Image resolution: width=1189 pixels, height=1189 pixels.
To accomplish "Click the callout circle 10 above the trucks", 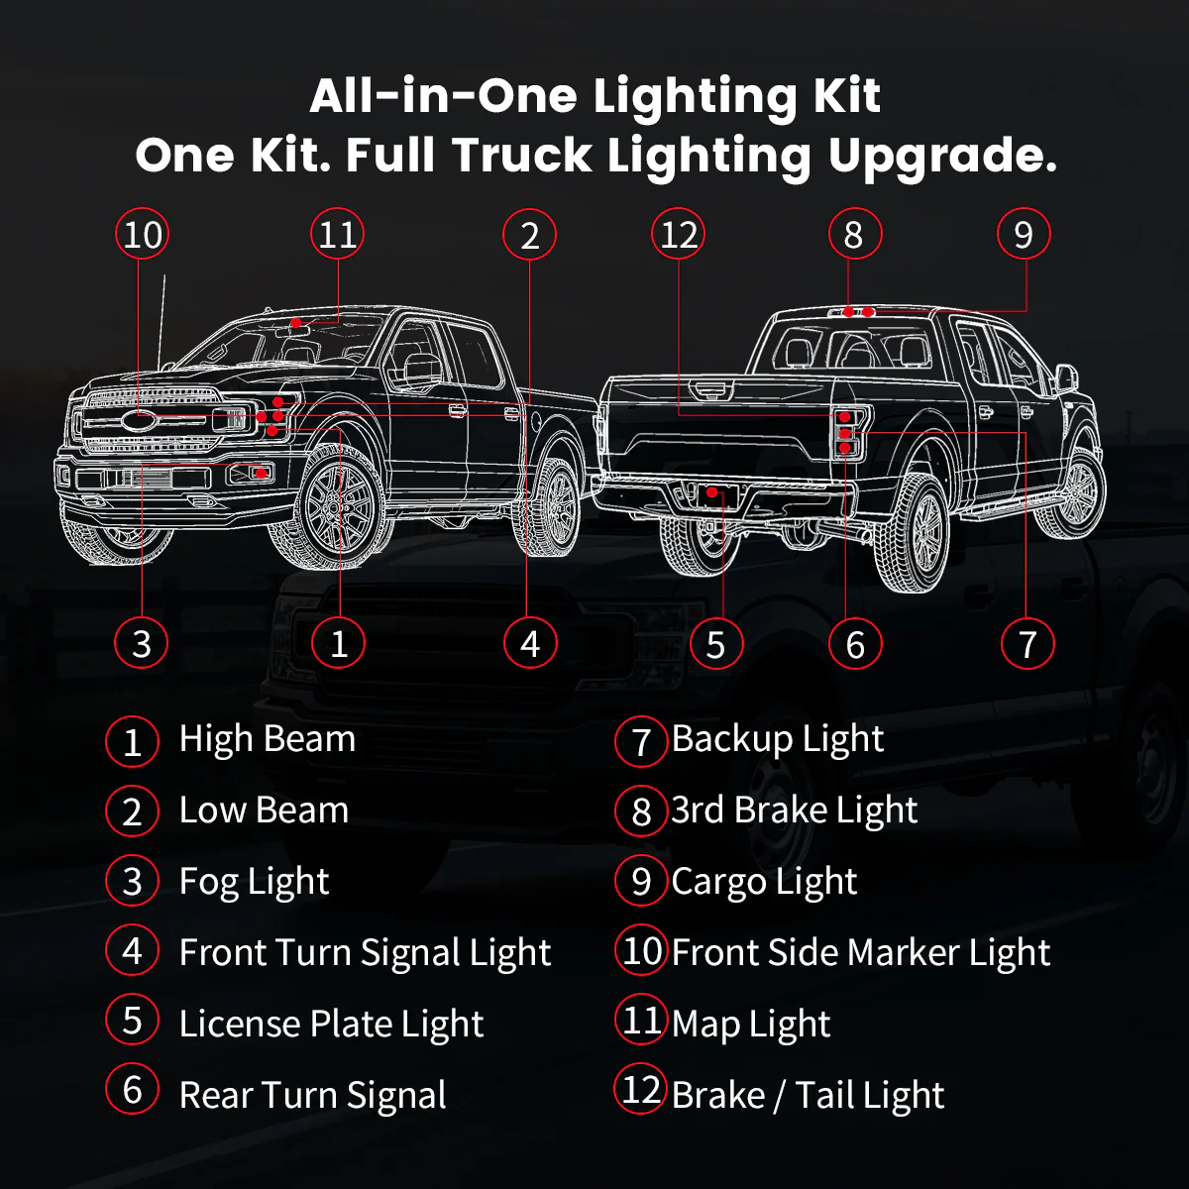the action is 142,235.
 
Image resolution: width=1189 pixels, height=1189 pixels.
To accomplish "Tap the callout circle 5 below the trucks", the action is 715,644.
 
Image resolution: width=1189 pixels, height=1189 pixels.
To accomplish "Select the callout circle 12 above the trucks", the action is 678,235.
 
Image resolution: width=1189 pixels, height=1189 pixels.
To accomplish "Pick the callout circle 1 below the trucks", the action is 338,643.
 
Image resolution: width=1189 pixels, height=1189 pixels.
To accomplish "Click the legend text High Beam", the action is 268,739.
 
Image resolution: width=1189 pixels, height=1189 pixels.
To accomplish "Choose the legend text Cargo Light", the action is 765,882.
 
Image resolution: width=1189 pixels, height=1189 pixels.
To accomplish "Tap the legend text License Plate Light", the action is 331,1025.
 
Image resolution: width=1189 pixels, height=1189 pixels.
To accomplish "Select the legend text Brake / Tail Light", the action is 808,1095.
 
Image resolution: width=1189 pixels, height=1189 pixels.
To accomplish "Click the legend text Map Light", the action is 751,1025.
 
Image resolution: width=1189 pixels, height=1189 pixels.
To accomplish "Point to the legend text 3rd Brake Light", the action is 795,811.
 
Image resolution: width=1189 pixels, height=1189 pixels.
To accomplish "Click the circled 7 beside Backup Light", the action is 641,741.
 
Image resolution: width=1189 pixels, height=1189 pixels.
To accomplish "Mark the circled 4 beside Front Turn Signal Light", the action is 133,950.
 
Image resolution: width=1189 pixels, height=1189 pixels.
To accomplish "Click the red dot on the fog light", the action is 261,474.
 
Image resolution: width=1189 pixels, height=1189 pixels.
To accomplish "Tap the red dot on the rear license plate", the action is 712,492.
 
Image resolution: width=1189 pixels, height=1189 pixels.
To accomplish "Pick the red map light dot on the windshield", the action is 296,323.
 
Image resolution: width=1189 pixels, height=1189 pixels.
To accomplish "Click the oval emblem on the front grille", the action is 138,421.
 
